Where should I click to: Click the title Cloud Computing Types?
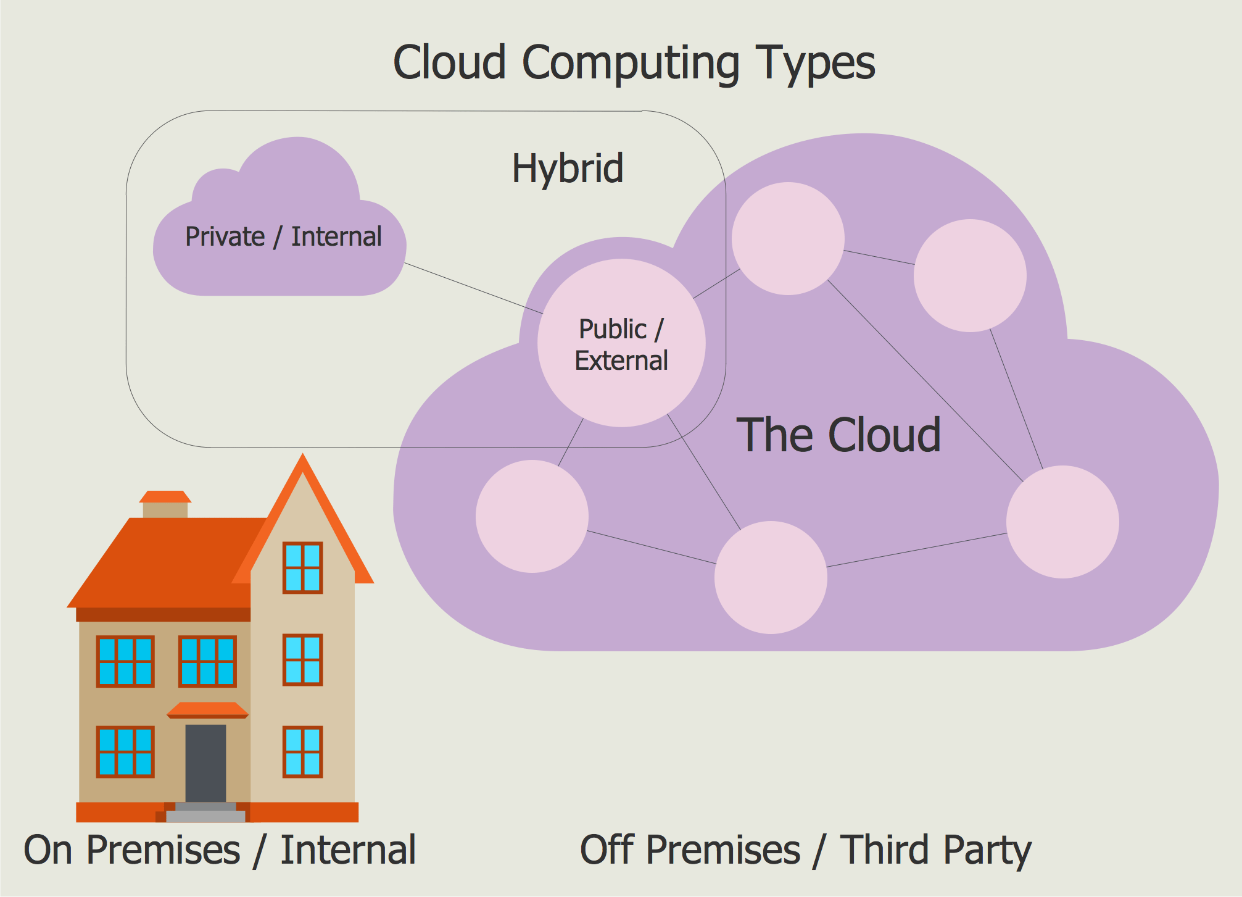click(x=634, y=63)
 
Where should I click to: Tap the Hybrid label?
click(x=568, y=168)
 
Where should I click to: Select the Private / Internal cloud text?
click(x=283, y=236)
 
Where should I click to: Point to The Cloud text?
click(x=838, y=435)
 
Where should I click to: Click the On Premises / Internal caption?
click(x=220, y=850)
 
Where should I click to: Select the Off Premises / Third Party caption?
click(x=805, y=850)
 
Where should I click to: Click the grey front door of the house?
click(x=205, y=763)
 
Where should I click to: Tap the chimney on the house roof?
click(x=165, y=506)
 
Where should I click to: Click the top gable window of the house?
click(x=302, y=567)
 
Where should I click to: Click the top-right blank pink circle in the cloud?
click(x=970, y=275)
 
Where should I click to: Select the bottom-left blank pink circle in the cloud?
click(x=532, y=516)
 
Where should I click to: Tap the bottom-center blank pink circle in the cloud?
click(x=771, y=577)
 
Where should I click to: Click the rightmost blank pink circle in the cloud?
click(x=1062, y=522)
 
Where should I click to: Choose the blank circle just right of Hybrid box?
click(x=788, y=238)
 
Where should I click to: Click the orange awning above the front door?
click(x=207, y=710)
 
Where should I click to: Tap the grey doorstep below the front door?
click(x=205, y=813)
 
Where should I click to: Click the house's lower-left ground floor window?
click(x=125, y=751)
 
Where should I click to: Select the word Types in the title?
click(x=815, y=63)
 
